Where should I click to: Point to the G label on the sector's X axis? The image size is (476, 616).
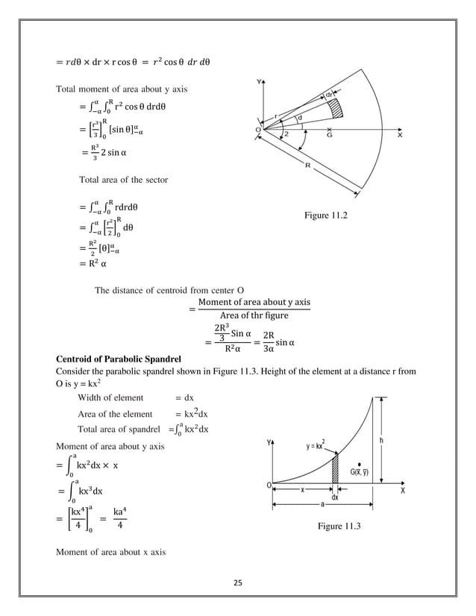click(x=329, y=137)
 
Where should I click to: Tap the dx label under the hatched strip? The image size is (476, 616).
click(x=335, y=496)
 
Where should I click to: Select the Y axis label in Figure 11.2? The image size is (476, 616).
click(x=258, y=81)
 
